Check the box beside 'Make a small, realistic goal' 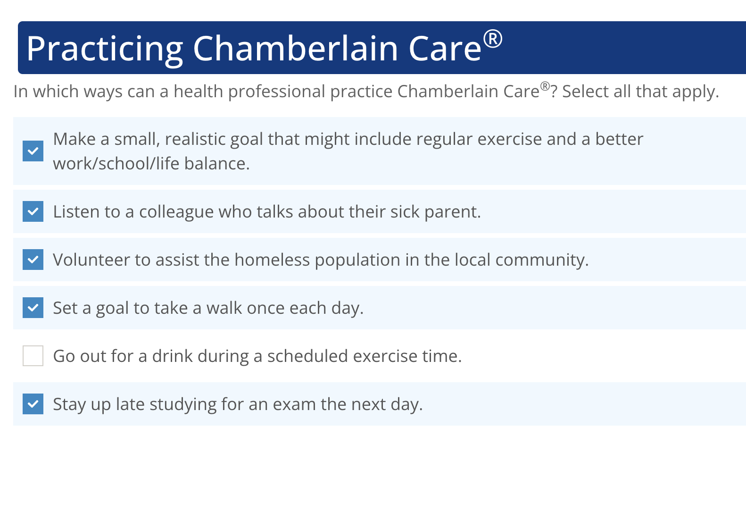pos(33,151)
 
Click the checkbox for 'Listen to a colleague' pos(33,211)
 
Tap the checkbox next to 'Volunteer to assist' pos(33,260)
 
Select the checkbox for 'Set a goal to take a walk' pos(33,308)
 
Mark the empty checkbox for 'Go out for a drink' pos(33,356)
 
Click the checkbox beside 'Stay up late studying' pos(33,404)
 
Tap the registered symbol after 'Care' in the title pos(493,39)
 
